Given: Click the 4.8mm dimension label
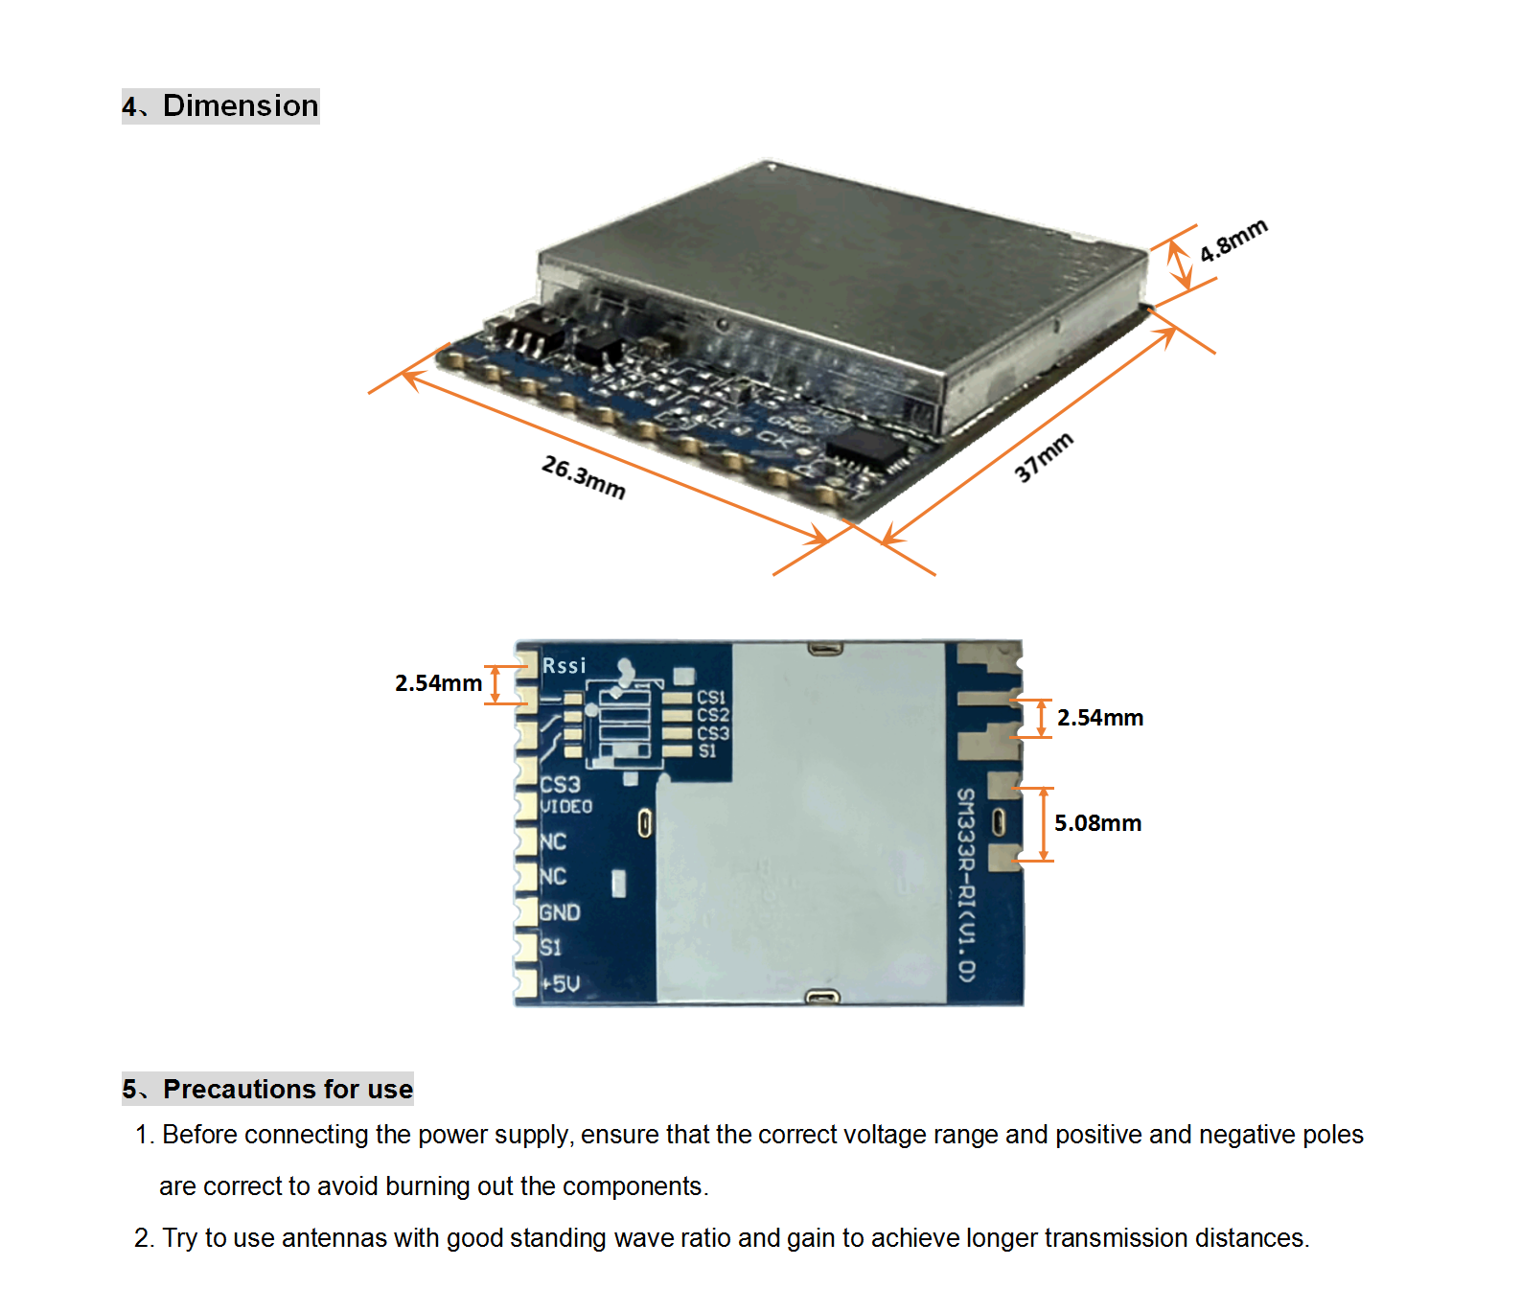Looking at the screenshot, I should [1233, 241].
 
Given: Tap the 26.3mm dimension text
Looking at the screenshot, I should [583, 477].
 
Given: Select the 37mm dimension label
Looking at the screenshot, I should [1043, 457].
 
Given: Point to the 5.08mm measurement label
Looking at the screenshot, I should [1097, 823].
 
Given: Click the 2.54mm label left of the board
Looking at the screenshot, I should [438, 683].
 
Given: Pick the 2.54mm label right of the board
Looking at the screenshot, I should [1099, 718].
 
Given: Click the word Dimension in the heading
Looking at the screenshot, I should [241, 105].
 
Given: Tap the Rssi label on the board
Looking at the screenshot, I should [564, 665].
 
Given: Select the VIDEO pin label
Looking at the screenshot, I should [566, 807].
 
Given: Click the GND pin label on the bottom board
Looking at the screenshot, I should [560, 912].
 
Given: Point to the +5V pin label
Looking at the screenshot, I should [561, 984].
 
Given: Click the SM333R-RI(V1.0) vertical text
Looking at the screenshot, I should [966, 884].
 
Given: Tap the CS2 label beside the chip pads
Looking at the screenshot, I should [712, 715].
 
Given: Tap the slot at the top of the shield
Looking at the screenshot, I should [824, 649].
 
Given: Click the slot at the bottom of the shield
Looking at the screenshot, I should [822, 998].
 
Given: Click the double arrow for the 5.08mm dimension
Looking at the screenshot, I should [1044, 824].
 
